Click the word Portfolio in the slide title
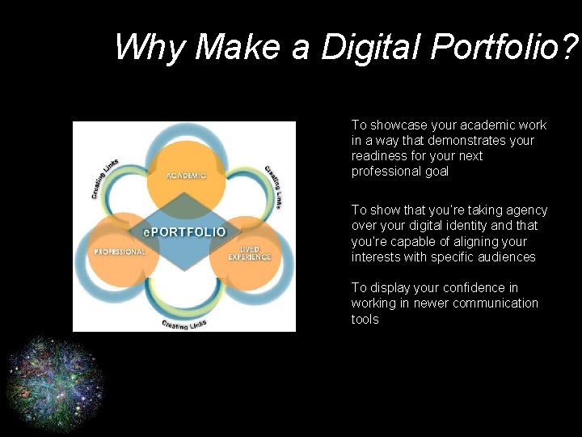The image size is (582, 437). [x=501, y=47]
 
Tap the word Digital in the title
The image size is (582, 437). [x=371, y=47]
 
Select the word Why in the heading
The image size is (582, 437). [x=150, y=47]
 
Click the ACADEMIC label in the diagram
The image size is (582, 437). [x=186, y=175]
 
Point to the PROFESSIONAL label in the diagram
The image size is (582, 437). [x=120, y=252]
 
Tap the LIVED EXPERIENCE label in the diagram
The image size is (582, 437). [x=249, y=252]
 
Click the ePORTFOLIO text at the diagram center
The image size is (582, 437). [x=184, y=232]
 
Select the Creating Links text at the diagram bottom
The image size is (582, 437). [x=184, y=324]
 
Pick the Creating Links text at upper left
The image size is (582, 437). [x=104, y=178]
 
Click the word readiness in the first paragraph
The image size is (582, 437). [x=378, y=156]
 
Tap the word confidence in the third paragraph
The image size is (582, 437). [x=472, y=288]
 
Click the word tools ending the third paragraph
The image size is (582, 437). [x=365, y=320]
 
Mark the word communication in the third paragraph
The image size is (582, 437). [x=495, y=303]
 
